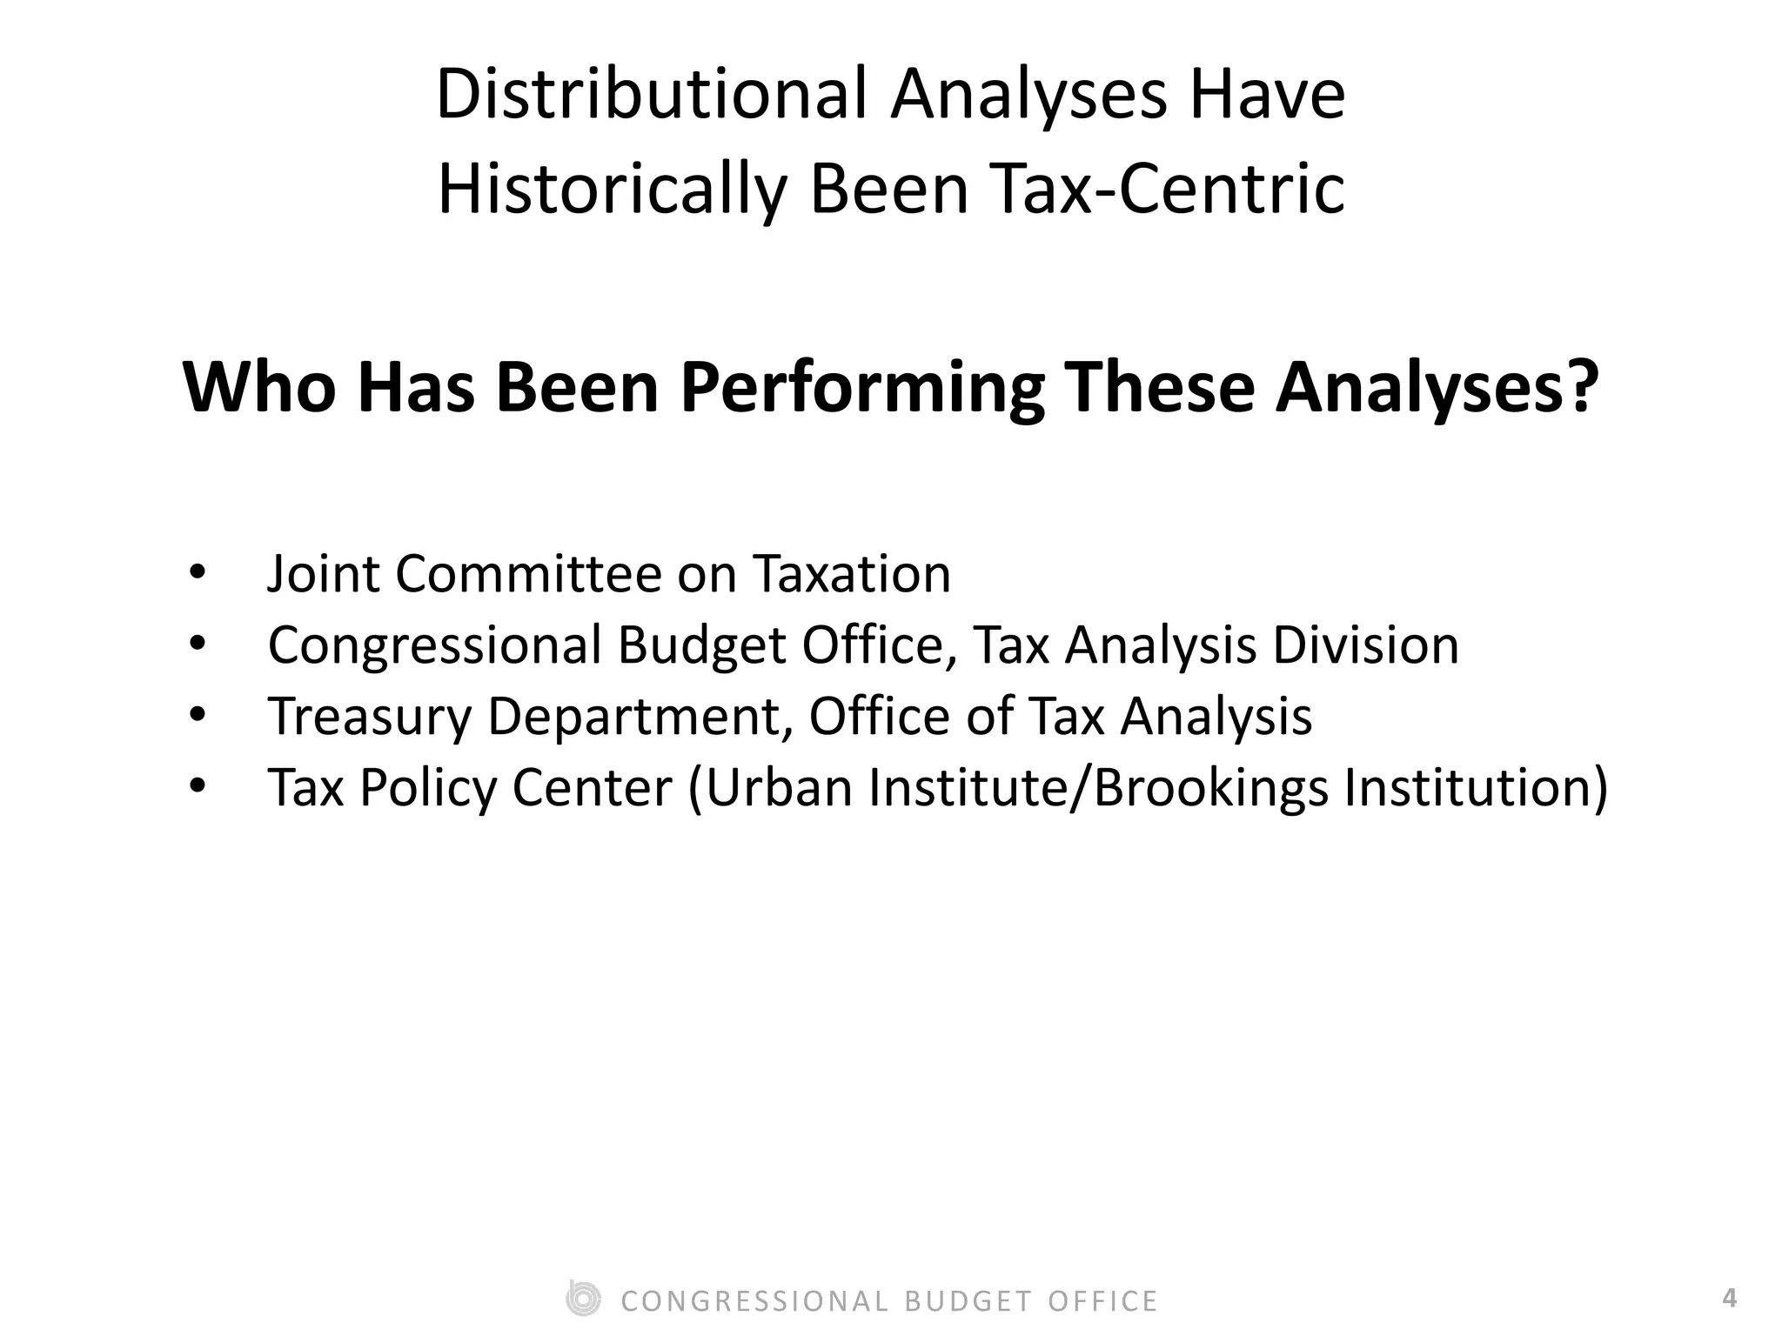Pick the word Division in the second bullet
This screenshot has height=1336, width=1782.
(x=1365, y=645)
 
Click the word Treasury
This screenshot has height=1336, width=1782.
(x=369, y=717)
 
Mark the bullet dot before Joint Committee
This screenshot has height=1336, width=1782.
(x=197, y=574)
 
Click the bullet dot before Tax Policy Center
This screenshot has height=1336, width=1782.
(x=197, y=787)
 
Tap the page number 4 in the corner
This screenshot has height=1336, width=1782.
(x=1729, y=1299)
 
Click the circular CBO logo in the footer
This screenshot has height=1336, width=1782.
(x=582, y=1299)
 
